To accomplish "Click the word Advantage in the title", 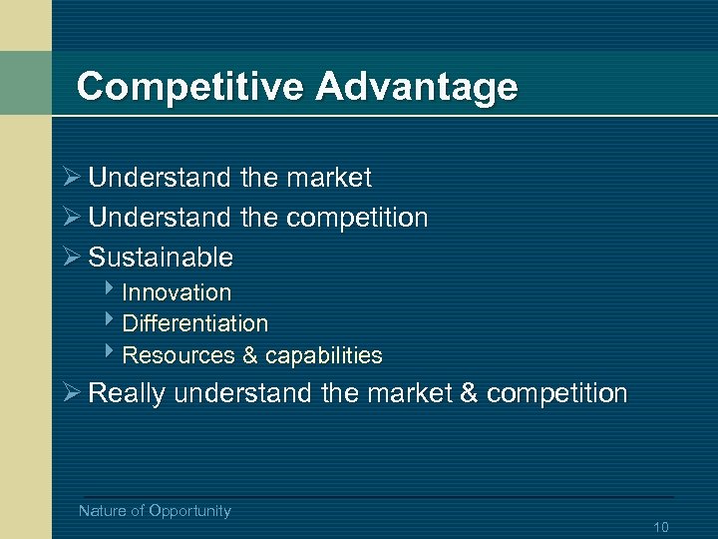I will click(x=417, y=87).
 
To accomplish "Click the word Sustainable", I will click(x=161, y=258).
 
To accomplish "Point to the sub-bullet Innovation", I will click(x=177, y=293).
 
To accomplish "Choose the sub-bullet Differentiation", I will click(x=194, y=324).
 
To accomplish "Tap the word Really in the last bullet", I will click(x=127, y=393).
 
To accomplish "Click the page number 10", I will click(x=660, y=527).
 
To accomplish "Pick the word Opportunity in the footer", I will click(x=189, y=511).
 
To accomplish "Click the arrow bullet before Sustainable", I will click(x=70, y=258).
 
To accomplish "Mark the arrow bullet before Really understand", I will click(x=70, y=393).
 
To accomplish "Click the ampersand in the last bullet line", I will click(x=469, y=393).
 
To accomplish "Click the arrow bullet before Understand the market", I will click(x=70, y=178).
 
